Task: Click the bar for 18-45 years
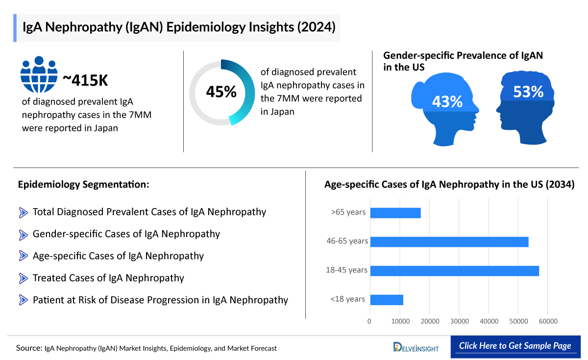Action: point(454,271)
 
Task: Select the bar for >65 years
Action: point(395,213)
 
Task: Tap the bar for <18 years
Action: point(387,300)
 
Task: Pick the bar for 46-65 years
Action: point(449,241)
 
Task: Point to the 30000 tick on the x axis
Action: point(459,321)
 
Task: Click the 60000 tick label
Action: point(548,321)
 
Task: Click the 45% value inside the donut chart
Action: point(221,92)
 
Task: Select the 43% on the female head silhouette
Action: point(447,101)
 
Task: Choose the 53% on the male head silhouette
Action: point(528,92)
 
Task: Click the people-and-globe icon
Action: point(39,74)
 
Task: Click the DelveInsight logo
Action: point(416,347)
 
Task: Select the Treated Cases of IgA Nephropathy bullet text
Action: point(108,278)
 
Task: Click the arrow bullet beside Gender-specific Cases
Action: point(23,235)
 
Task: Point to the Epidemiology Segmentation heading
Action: point(83,185)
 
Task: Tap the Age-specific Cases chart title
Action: point(449,185)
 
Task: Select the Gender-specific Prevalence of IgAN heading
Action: point(463,61)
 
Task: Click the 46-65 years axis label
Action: point(347,241)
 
